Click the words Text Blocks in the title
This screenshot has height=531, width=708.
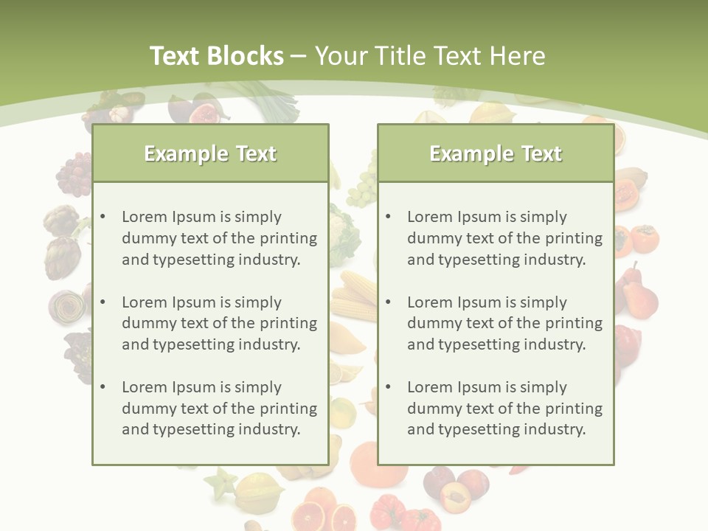216,56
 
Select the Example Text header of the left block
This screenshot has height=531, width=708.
210,153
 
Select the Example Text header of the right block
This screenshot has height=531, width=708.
496,153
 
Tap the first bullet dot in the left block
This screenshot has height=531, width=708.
103,217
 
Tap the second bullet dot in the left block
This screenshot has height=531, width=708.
103,302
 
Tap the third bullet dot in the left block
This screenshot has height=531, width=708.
103,387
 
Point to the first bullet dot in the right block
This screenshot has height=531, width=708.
388,217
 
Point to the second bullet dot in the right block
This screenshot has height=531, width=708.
388,302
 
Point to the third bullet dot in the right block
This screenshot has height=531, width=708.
388,387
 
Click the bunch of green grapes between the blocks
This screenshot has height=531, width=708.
361,190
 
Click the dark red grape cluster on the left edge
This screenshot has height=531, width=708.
73,176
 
